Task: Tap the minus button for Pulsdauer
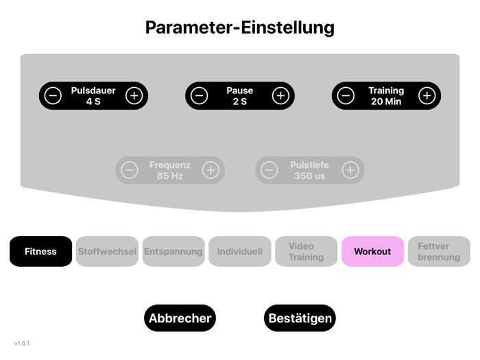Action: coord(53,96)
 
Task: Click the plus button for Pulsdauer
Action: coord(134,96)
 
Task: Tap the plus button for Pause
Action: coord(280,96)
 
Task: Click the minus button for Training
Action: coord(346,96)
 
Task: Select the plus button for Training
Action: coord(427,96)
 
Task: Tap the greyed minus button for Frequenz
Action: coord(130,170)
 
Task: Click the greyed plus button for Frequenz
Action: coord(211,170)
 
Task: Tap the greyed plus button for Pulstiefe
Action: coord(350,170)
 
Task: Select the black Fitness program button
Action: coord(40,252)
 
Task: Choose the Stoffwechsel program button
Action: coord(107,252)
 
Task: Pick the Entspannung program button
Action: coord(173,252)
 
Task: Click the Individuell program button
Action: coord(240,252)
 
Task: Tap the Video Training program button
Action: coord(306,252)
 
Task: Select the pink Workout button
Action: coord(372,252)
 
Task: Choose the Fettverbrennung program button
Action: coord(439,252)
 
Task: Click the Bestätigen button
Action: coord(300,318)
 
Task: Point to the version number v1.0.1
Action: coord(22,343)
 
